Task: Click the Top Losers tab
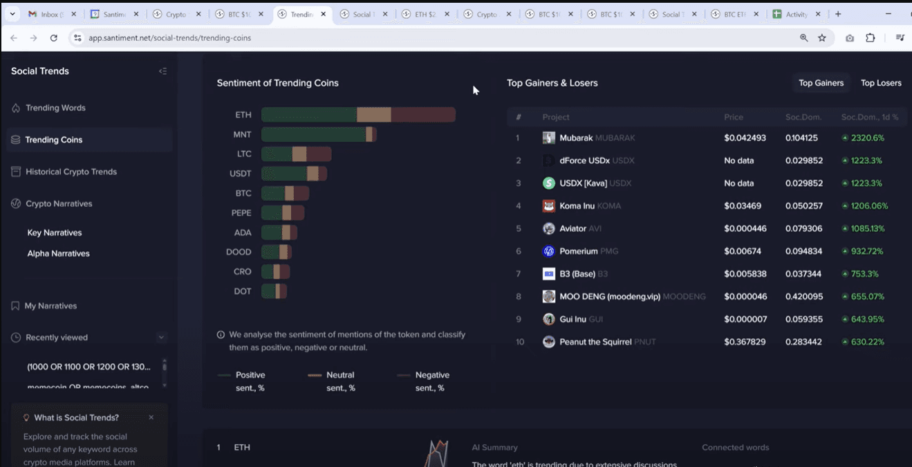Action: point(880,83)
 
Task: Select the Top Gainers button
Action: point(821,83)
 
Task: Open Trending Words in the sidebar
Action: point(55,108)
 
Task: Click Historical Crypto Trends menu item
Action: point(71,172)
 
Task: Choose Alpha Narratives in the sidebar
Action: point(58,253)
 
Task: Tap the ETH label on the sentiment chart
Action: point(243,115)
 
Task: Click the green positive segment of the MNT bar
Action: point(313,134)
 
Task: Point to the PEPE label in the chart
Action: point(241,212)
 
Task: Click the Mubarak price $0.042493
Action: point(745,138)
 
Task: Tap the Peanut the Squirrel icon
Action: point(549,342)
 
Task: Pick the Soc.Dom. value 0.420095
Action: point(803,296)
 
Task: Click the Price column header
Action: point(734,117)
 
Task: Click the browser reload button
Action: point(54,38)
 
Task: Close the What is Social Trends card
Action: point(151,417)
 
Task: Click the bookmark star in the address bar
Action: point(822,38)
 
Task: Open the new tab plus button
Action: point(838,14)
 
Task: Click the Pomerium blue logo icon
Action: point(549,251)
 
